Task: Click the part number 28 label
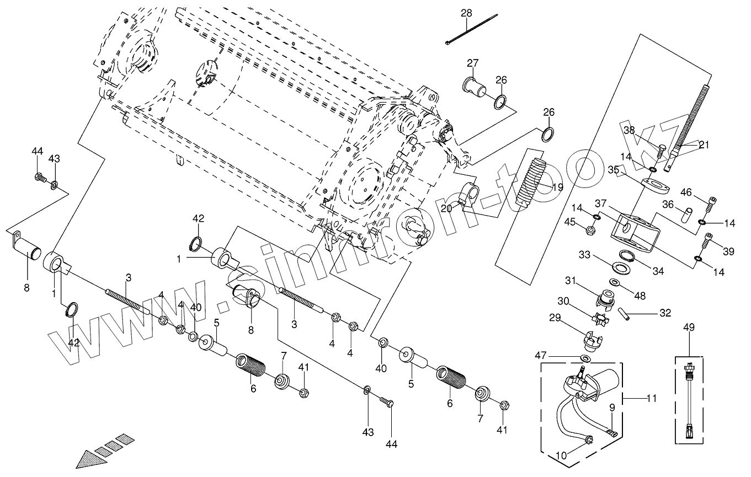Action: (467, 13)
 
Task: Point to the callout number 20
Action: (446, 208)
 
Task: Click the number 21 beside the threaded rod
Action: (704, 145)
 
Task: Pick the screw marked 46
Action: (711, 205)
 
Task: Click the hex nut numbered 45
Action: (589, 230)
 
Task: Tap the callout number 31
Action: (585, 281)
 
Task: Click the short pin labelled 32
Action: (624, 313)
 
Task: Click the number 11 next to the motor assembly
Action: (652, 398)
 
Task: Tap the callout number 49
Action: (689, 327)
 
